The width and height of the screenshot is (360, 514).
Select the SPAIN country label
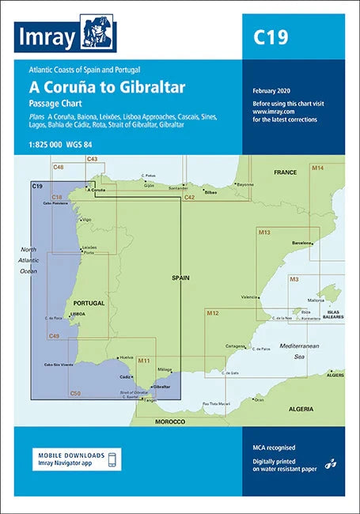pos(181,279)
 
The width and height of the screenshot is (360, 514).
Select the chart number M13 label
pos(264,233)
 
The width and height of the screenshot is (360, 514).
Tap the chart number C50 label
pos(75,393)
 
